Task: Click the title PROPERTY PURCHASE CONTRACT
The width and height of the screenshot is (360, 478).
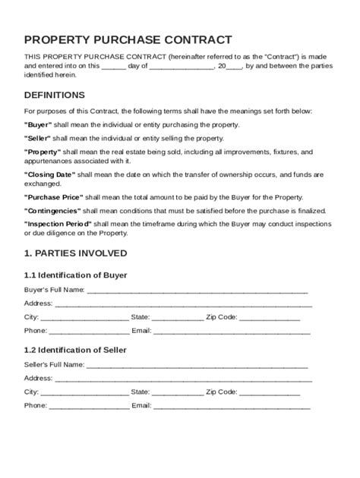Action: tap(128, 39)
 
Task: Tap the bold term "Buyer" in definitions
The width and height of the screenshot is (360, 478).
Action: tap(39, 124)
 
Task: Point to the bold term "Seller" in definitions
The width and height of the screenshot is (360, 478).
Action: tap(39, 139)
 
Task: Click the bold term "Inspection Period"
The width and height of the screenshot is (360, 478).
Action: tap(58, 225)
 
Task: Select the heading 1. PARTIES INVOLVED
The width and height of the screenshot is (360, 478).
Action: tap(75, 253)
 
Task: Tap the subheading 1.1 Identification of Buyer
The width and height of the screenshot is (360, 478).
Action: tap(75, 275)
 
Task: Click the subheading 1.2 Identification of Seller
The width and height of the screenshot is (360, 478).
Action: tap(75, 350)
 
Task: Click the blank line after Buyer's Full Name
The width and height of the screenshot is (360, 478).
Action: tap(197, 291)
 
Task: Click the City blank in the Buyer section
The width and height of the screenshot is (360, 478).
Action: tap(84, 319)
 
